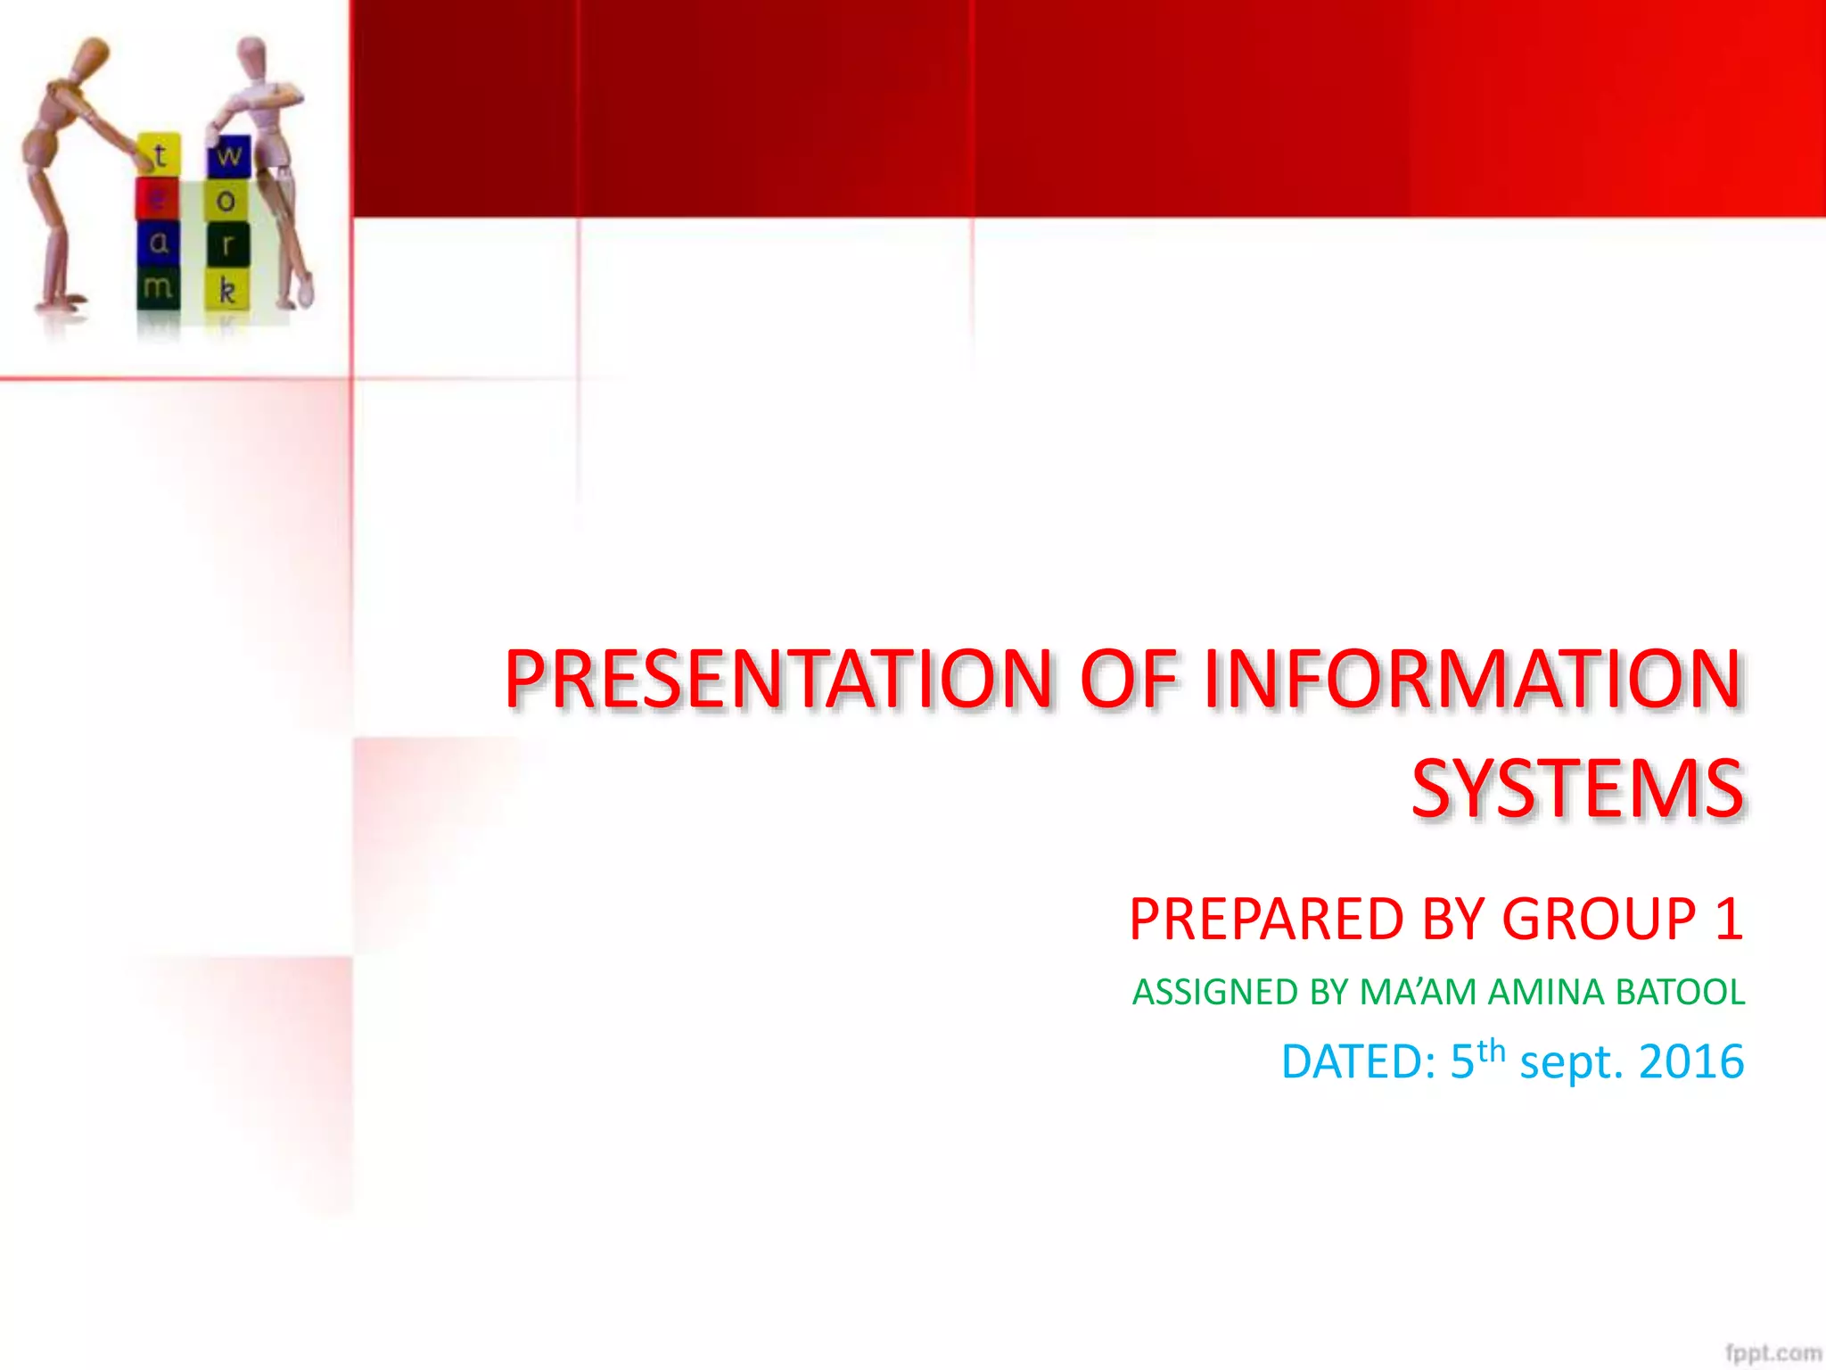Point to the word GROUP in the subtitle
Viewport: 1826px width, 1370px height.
click(x=1599, y=920)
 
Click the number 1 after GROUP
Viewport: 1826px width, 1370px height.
click(x=1728, y=920)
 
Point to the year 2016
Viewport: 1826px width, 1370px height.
click(x=1690, y=1062)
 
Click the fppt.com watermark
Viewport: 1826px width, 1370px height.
click(x=1772, y=1353)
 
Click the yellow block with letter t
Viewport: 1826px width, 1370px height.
click(x=160, y=155)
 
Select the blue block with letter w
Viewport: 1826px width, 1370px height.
click(x=229, y=156)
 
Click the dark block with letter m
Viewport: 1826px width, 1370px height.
click(x=158, y=287)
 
